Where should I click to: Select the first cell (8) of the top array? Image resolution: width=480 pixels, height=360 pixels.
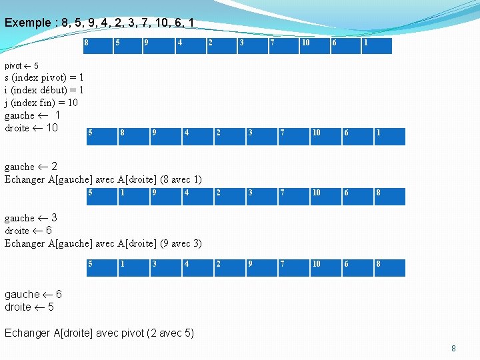[96, 45]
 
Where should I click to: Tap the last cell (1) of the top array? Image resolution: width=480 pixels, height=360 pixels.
[376, 45]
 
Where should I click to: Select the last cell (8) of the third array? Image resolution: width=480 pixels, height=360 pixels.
[389, 196]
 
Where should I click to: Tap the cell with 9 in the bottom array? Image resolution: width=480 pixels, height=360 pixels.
[261, 267]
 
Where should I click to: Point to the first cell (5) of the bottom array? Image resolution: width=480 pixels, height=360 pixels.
[101, 267]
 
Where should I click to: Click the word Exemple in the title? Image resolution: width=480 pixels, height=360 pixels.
[27, 23]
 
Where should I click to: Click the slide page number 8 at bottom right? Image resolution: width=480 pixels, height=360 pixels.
[453, 348]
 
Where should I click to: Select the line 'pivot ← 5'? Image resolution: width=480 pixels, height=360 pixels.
[22, 66]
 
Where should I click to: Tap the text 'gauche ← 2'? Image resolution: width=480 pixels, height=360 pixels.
[31, 167]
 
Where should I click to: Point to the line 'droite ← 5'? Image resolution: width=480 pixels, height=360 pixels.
[29, 307]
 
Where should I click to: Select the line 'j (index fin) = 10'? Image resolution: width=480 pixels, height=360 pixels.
[41, 103]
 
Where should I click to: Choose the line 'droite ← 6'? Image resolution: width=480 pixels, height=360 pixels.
[29, 231]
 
